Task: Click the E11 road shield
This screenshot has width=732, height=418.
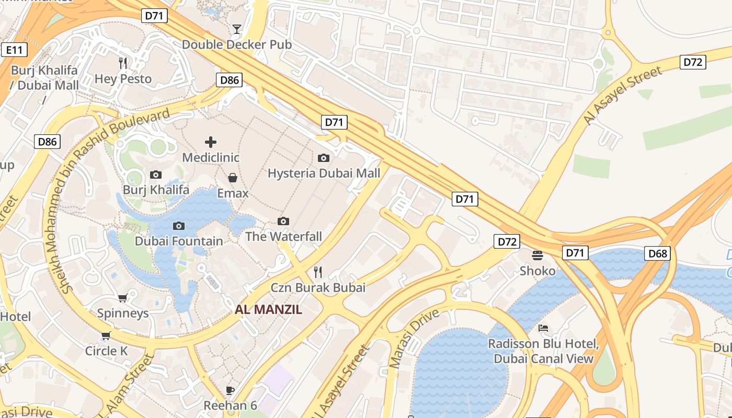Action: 14,50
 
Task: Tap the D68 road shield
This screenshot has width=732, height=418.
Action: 657,253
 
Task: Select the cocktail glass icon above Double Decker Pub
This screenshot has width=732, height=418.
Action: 237,29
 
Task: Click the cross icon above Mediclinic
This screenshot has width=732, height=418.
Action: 211,142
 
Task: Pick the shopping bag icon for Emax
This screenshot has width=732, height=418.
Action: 233,178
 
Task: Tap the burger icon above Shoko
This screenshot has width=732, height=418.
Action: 537,256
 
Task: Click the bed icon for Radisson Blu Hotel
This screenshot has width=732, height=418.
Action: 543,328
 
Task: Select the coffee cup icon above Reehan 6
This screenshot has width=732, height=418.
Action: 230,390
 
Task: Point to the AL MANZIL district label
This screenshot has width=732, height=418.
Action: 268,309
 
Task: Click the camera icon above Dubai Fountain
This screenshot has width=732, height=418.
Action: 179,226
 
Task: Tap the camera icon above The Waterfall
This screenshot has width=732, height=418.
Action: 283,221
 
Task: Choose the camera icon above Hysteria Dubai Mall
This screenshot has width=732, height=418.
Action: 324,158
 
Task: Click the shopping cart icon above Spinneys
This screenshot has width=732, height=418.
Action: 123,298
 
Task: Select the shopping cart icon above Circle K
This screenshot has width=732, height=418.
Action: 106,335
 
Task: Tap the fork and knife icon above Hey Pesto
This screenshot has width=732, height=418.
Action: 123,63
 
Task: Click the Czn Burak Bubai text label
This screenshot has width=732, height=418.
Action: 318,287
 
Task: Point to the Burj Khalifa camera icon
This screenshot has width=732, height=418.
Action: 156,175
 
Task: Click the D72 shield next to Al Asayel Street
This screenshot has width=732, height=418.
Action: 693,62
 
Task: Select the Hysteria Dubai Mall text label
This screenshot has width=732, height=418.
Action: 324,173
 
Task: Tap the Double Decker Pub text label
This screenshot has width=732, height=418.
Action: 237,45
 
